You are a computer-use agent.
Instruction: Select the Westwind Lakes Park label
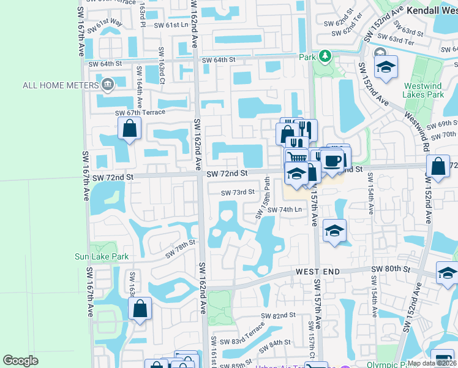coord(423,91)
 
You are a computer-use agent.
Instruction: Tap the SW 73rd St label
coord(238,192)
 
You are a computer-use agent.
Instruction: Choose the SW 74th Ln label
coord(285,210)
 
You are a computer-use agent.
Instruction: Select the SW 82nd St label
coord(278,315)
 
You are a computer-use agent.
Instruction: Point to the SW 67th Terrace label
coord(140,112)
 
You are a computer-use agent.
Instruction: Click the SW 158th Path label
coord(268,191)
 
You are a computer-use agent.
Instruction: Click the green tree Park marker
coord(324,56)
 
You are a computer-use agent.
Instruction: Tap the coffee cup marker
coord(333,161)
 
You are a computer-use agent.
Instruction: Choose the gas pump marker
coord(442,358)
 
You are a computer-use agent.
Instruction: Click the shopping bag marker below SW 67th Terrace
coord(129,128)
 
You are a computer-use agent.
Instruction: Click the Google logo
coord(21,361)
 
